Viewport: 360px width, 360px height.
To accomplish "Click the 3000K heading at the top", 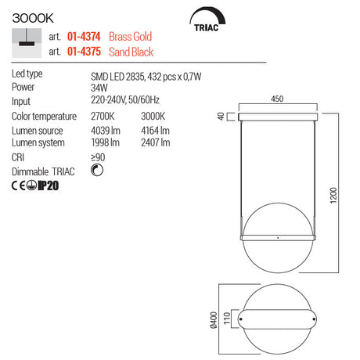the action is click(33, 18).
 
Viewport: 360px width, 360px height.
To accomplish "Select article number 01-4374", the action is click(84, 37).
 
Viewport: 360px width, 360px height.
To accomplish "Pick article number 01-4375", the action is click(84, 52).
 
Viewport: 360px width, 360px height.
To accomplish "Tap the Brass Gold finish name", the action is click(130, 37).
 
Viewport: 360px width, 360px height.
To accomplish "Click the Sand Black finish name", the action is click(131, 52).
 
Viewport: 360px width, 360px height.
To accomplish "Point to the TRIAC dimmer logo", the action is click(207, 20).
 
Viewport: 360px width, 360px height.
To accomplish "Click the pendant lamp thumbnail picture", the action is click(27, 43).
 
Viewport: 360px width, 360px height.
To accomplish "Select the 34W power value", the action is click(99, 88).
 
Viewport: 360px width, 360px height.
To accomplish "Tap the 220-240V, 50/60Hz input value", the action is click(125, 100).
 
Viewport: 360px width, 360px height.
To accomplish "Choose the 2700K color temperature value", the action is click(103, 117).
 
